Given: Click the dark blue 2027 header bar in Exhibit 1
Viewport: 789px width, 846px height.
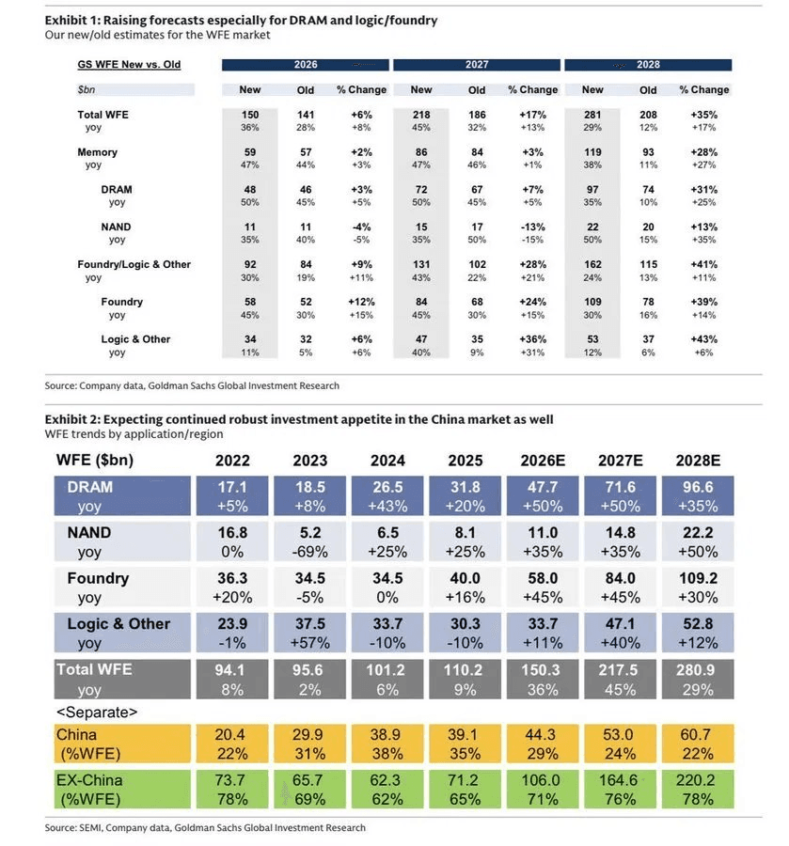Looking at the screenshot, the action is pos(477,65).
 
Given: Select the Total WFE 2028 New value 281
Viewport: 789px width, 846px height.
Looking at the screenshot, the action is pos(592,115).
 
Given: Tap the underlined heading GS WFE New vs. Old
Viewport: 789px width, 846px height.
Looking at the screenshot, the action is pos(129,65).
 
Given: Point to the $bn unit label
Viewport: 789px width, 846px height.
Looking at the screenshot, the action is pos(87,89).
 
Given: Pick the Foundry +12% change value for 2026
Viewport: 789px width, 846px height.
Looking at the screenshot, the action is pos(361,302).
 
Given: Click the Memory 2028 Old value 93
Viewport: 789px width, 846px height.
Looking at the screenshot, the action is pos(648,152).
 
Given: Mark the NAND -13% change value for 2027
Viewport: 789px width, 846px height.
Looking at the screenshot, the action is pos(532,227).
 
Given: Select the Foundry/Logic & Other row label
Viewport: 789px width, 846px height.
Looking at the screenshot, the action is pos(134,264).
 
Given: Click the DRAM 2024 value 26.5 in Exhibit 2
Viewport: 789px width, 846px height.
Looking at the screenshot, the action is pos(387,487).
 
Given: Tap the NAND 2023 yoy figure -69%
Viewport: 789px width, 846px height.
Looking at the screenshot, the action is pos(309,552).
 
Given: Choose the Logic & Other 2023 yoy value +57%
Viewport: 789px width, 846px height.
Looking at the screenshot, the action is pos(309,643).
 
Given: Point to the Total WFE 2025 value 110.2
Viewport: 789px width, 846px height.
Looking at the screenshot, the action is pos(463,670).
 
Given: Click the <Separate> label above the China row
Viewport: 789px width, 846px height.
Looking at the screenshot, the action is pos(97,713).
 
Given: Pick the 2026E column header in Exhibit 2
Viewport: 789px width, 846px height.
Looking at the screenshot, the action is pos(543,461).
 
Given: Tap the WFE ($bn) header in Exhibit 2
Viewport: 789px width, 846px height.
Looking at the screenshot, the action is pos(94,461).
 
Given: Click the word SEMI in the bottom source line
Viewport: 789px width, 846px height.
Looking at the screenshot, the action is pos(89,827).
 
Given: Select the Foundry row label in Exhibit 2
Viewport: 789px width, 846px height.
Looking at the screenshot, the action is pos(98,578).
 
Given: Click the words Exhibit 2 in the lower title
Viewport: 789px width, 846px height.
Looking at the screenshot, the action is pos(71,419).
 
